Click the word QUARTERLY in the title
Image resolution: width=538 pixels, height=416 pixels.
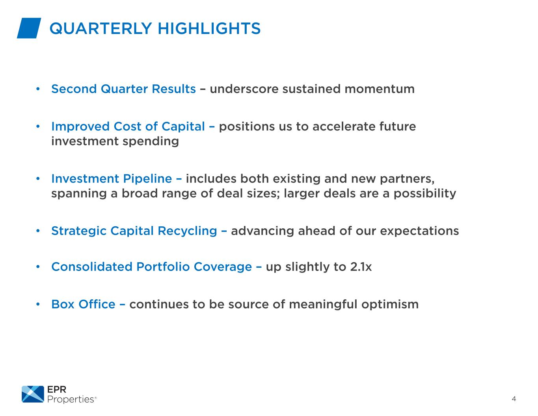click(x=101, y=28)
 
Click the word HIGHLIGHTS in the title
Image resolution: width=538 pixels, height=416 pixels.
click(x=209, y=28)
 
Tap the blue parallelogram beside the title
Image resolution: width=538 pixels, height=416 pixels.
click(x=29, y=28)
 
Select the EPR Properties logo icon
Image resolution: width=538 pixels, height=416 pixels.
click(x=33, y=394)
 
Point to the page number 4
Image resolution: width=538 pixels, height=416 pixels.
click(x=514, y=399)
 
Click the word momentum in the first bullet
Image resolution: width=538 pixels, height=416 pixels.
click(x=379, y=89)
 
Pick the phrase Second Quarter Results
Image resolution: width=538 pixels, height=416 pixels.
click(x=123, y=89)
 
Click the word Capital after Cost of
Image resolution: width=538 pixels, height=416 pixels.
click(x=184, y=127)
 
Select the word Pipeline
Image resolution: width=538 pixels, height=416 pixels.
click(x=147, y=179)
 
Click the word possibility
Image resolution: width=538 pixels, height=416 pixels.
click(x=424, y=193)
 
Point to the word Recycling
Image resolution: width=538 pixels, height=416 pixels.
click(x=188, y=231)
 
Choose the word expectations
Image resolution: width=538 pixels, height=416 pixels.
click(x=419, y=231)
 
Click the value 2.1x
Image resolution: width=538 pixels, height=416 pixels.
click(x=361, y=267)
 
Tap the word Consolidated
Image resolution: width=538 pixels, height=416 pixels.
click(x=92, y=267)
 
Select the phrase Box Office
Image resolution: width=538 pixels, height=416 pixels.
click(x=83, y=304)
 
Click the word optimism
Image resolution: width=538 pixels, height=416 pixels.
click(x=390, y=304)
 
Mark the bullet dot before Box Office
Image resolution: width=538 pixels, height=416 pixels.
click(x=38, y=304)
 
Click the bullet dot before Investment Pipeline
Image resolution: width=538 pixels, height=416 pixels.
click(x=38, y=179)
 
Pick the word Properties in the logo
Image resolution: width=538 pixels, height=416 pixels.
click(x=71, y=399)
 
